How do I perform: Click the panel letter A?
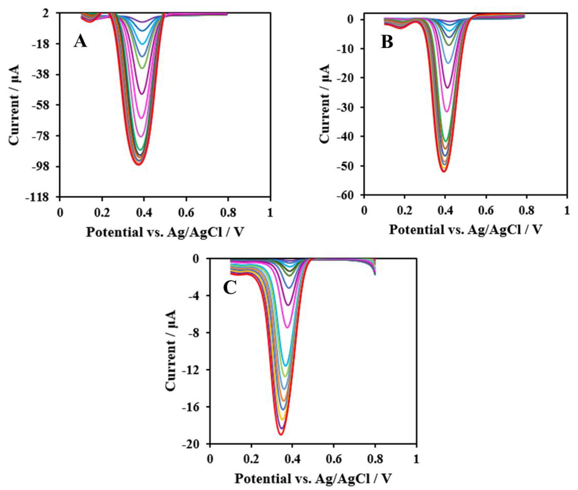tap(80, 42)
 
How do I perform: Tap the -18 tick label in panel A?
tap(45, 44)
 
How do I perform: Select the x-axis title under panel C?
tap(313, 478)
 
